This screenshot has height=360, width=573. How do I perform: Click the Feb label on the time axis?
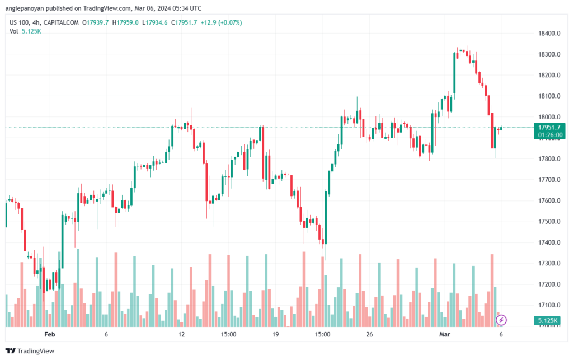pos(50,334)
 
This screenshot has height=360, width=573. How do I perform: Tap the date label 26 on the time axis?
pos(369,334)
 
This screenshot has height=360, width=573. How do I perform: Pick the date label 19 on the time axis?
pos(275,334)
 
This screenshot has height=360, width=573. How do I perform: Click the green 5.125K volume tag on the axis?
pos(547,320)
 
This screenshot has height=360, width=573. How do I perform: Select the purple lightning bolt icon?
pos(502,320)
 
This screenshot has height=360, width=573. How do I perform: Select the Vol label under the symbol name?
pos(13,31)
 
